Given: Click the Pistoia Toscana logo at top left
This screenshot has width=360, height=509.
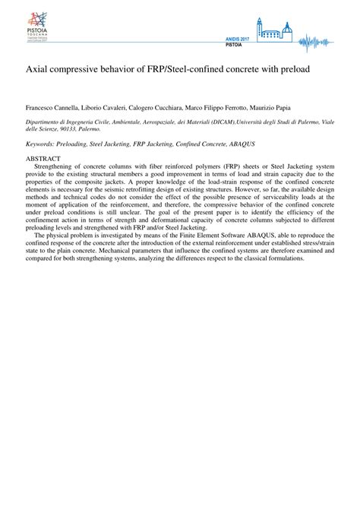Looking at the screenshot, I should pyautogui.click(x=36, y=27).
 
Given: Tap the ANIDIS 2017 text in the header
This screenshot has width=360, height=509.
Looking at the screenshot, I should pyautogui.click(x=237, y=39).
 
